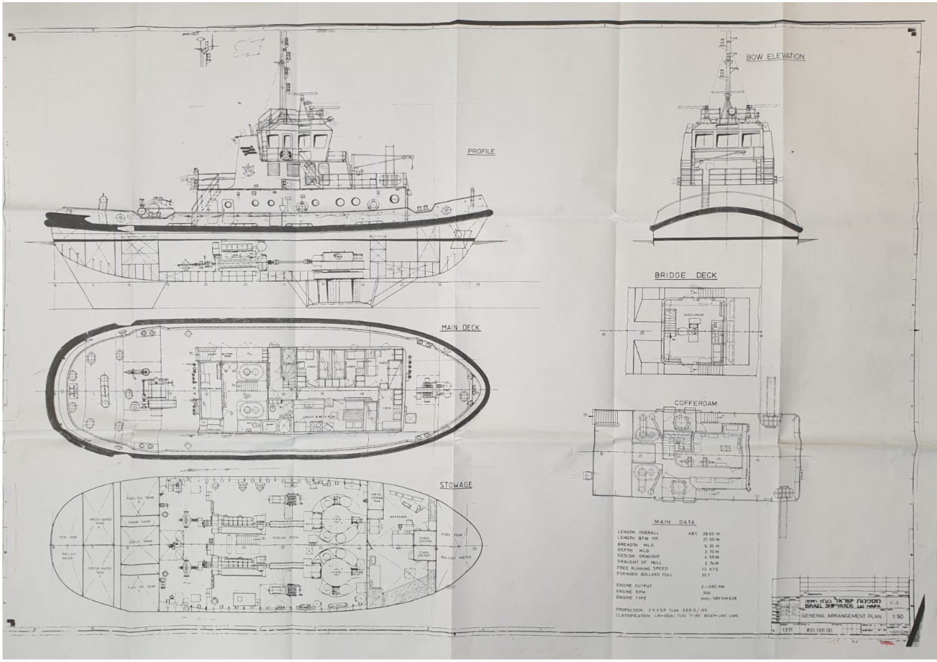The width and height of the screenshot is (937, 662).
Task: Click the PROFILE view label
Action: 481,152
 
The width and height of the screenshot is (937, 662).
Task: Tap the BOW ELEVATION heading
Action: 775,57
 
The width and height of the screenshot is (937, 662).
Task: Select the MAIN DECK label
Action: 460,328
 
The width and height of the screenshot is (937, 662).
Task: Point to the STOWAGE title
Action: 456,485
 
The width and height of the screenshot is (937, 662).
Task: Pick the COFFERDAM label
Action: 696,403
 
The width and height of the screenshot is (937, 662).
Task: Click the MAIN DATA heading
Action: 674,522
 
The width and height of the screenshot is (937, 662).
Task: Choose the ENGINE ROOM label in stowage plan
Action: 286,537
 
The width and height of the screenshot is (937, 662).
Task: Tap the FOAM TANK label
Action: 140,522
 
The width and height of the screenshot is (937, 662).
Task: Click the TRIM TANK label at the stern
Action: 68,537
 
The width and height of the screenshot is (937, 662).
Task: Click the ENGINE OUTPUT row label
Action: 634,586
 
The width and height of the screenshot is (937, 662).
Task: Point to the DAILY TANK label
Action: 140,541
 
